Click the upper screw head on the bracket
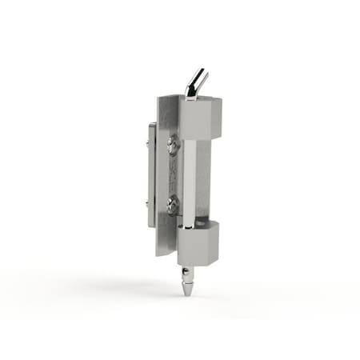pyautogui.click(x=174, y=145)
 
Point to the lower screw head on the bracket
pyautogui.click(x=174, y=206)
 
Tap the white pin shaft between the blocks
pyautogui.click(x=189, y=178)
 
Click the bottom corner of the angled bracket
pyautogui.click(x=158, y=254)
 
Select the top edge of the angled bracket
pyautogui.click(x=167, y=97)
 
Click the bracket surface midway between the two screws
pyautogui.click(x=173, y=176)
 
